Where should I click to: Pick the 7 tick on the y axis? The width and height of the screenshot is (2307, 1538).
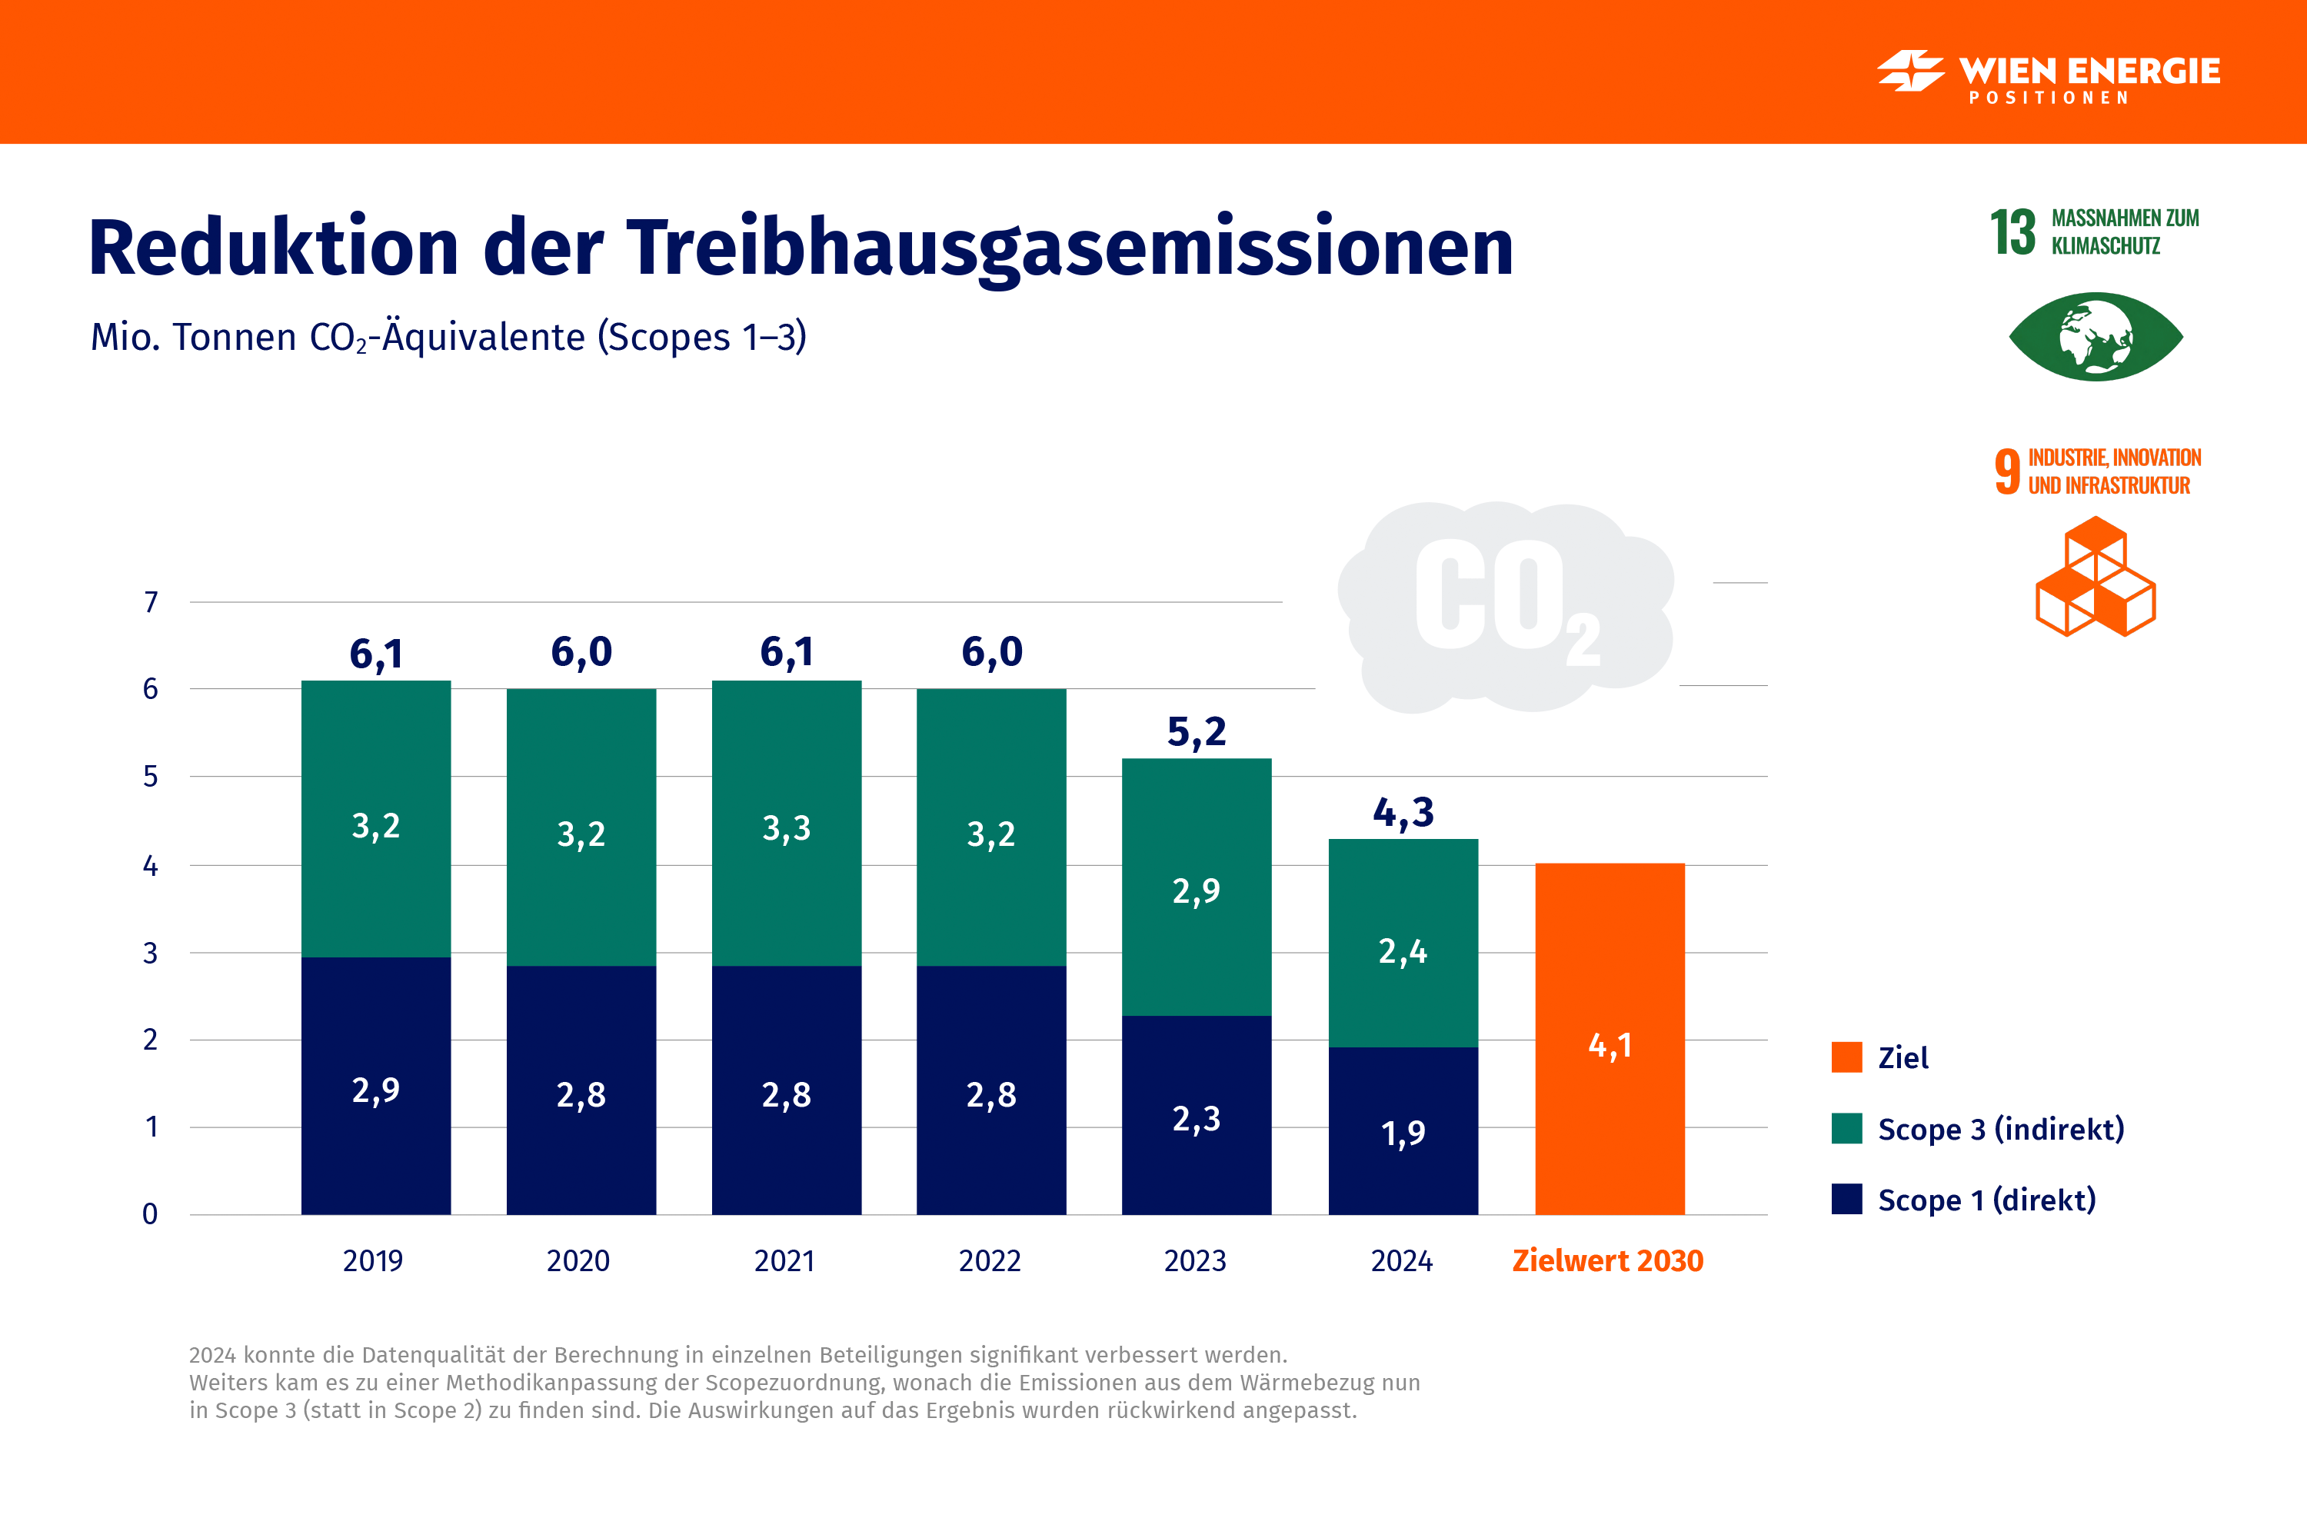point(150,602)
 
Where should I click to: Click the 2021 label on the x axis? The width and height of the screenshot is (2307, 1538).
point(784,1260)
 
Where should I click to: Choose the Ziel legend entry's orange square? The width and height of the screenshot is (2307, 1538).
point(1846,1057)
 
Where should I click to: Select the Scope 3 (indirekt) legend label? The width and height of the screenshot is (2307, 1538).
point(2001,1129)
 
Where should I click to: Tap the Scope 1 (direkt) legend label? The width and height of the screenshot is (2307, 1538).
point(1986,1200)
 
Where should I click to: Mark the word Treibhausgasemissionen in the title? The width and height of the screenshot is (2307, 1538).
point(1069,247)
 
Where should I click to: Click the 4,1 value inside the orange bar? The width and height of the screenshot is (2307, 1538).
point(1610,1046)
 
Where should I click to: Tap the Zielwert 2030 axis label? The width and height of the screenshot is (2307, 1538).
point(1608,1260)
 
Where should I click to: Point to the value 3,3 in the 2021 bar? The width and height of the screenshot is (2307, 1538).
point(787,829)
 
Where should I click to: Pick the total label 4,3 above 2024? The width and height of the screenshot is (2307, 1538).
point(1403,812)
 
